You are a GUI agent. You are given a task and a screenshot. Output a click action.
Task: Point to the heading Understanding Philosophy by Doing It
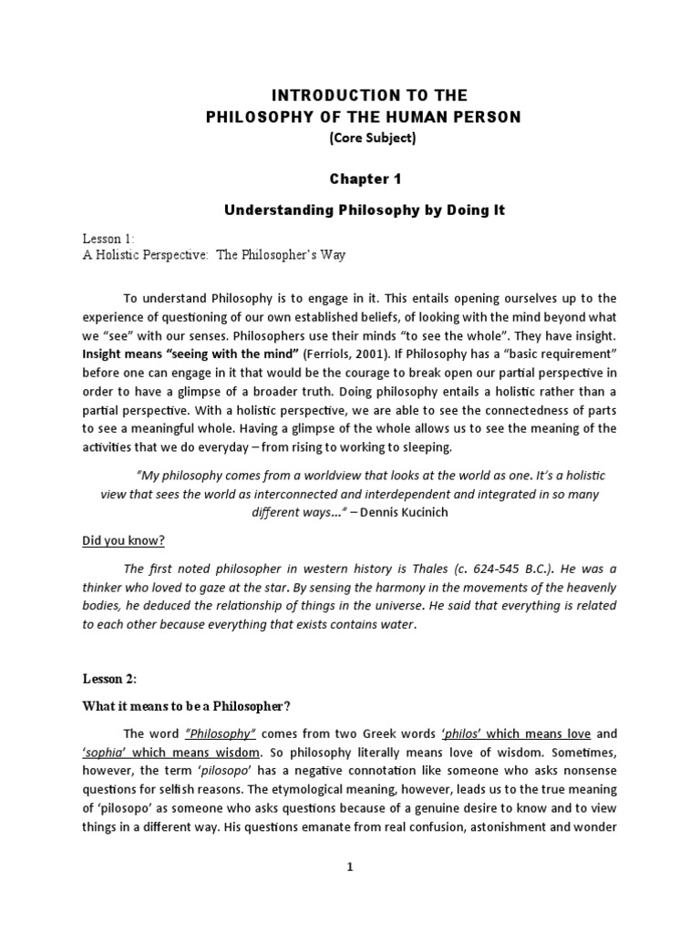click(365, 210)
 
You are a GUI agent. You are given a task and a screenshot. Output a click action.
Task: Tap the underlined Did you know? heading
click(123, 540)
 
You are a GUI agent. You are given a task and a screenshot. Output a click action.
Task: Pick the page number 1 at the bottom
click(348, 867)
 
